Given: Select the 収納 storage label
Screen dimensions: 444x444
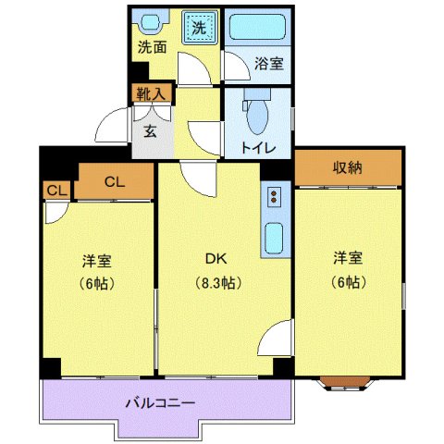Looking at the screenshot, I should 348,166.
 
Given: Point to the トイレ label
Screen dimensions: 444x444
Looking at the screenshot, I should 256,146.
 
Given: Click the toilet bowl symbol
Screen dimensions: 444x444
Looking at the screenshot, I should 258,113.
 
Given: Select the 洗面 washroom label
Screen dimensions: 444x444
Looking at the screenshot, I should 152,47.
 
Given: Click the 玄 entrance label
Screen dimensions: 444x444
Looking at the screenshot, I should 150,129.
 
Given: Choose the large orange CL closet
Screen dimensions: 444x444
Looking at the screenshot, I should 114,181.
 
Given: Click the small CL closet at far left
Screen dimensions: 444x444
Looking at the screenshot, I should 55,191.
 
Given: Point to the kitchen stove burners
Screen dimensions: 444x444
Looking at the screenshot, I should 274,196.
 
